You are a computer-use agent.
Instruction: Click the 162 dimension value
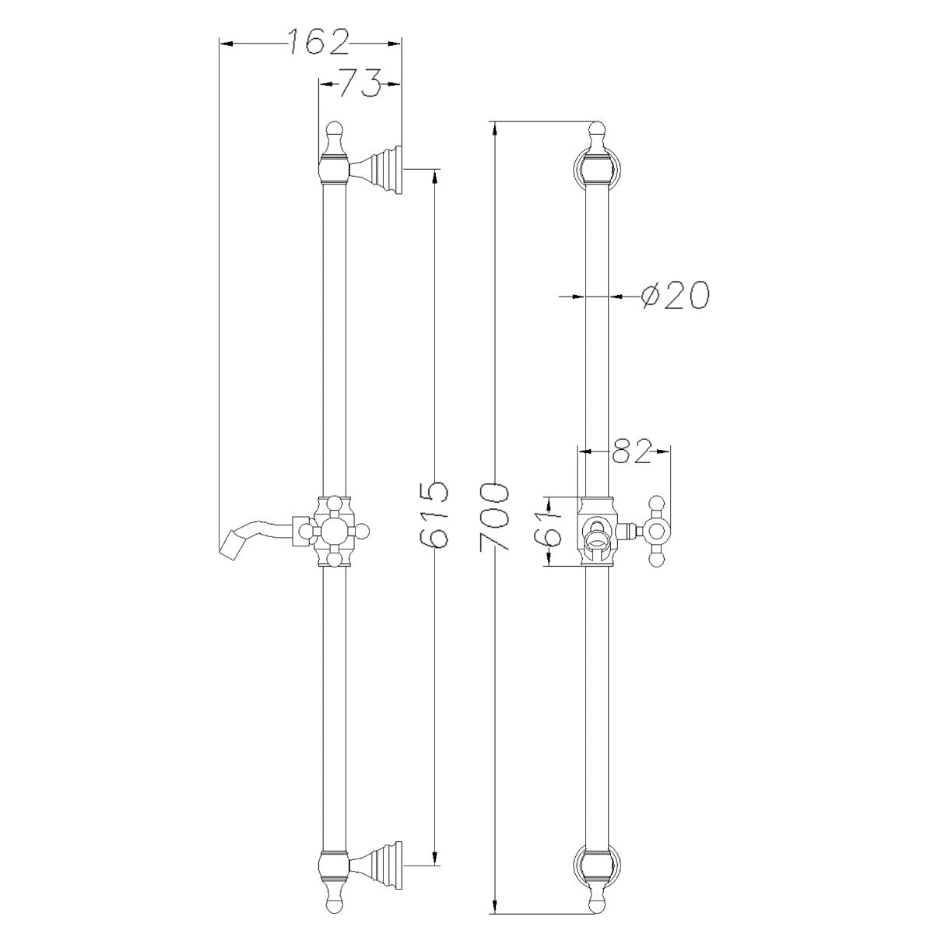tap(318, 43)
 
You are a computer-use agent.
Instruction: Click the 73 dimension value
tap(359, 83)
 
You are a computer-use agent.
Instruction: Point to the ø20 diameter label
tap(674, 295)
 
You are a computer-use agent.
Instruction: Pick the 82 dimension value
tap(630, 451)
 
